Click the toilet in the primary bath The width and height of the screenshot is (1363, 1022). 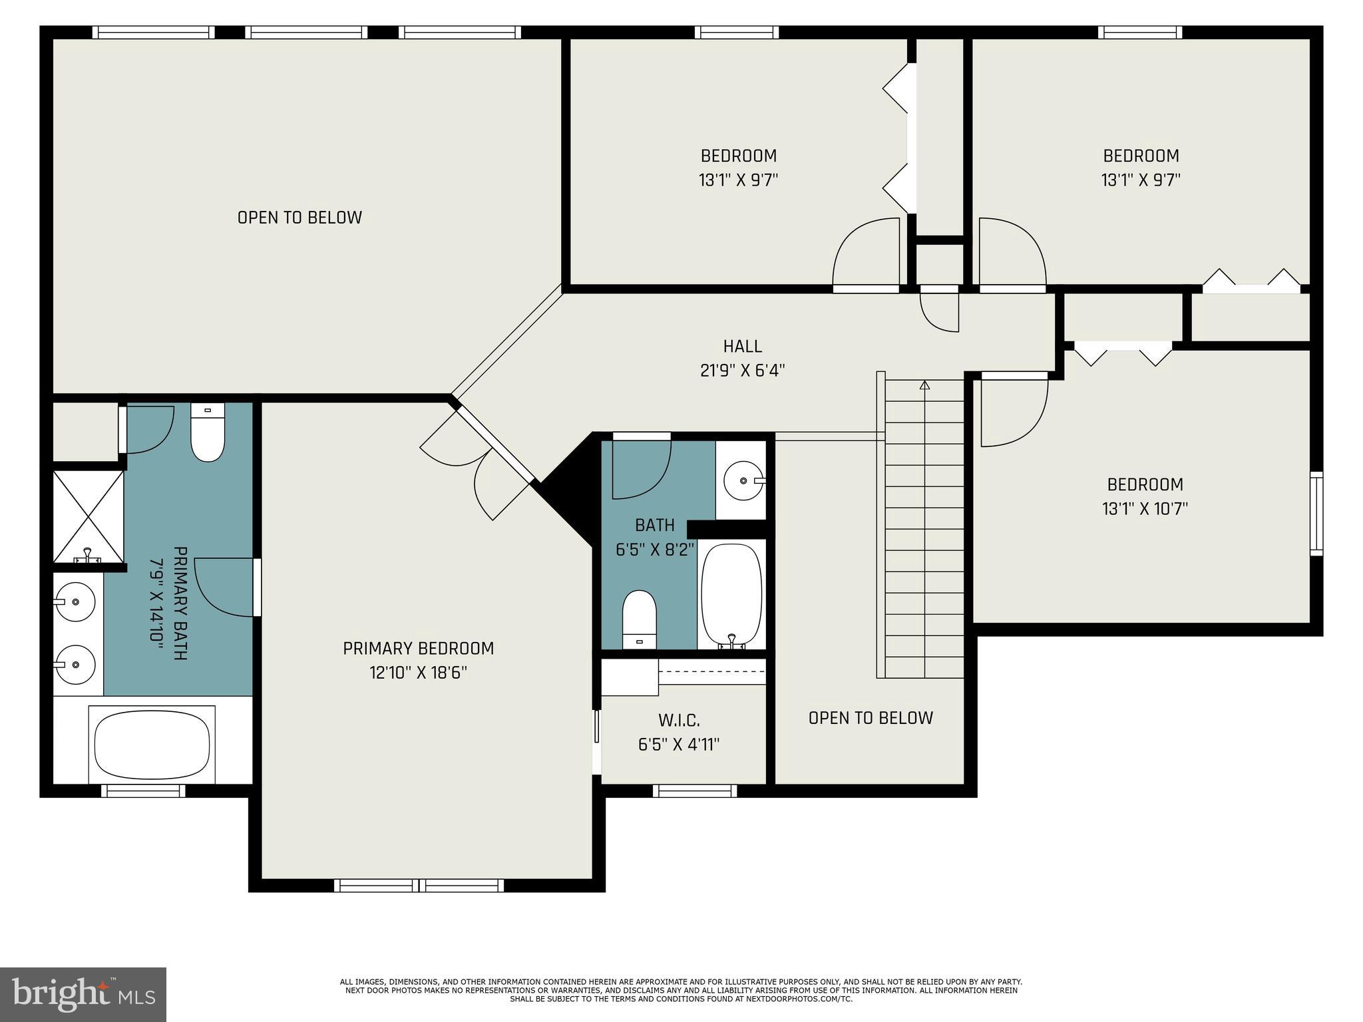pyautogui.click(x=208, y=432)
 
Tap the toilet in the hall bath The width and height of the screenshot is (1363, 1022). pyautogui.click(x=639, y=619)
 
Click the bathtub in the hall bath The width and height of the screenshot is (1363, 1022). pyautogui.click(x=731, y=594)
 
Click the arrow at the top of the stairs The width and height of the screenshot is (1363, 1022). pyautogui.click(x=924, y=385)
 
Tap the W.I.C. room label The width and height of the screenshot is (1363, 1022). pyautogui.click(x=679, y=720)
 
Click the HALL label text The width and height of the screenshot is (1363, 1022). pyautogui.click(x=742, y=346)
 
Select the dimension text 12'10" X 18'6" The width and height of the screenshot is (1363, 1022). pyautogui.click(x=418, y=673)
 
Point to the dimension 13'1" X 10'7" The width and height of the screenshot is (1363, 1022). pyautogui.click(x=1145, y=509)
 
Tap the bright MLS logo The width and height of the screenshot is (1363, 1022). pyautogui.click(x=83, y=994)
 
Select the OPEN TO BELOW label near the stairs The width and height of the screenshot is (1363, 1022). pyautogui.click(x=870, y=717)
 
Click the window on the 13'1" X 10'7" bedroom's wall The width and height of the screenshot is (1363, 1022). pyautogui.click(x=1316, y=513)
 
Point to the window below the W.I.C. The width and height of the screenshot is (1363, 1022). pyautogui.click(x=694, y=790)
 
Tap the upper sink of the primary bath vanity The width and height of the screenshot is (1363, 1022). pyautogui.click(x=75, y=601)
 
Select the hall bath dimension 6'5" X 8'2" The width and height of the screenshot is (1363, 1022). pyautogui.click(x=655, y=550)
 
